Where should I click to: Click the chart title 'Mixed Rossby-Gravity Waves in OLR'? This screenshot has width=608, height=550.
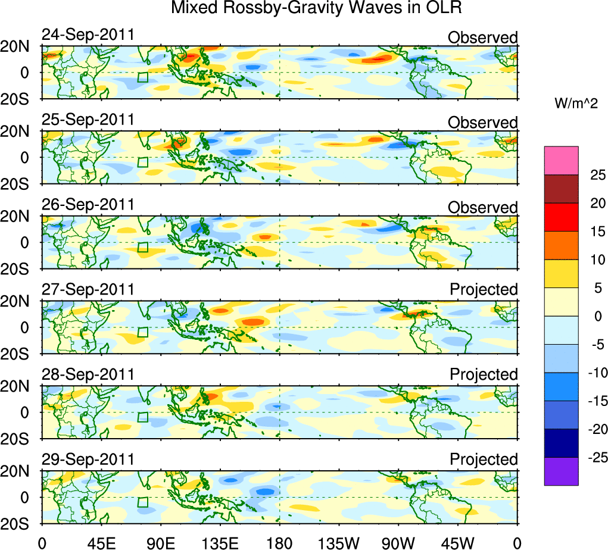tap(316, 9)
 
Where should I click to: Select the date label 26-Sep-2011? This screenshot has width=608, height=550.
tap(88, 205)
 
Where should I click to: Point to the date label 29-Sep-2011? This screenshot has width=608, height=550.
tap(88, 460)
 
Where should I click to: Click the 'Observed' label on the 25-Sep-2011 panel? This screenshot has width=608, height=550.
tap(483, 123)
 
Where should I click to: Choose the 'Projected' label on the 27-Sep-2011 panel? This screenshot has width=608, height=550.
tap(484, 290)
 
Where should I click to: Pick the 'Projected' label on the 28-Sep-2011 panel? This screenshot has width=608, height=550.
tap(484, 375)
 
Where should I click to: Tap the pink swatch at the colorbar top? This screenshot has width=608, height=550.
tap(561, 160)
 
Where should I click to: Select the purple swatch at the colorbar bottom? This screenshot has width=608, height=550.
tap(561, 471)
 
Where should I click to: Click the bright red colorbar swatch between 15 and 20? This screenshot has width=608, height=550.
tap(561, 217)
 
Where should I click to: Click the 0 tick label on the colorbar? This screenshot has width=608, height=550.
tap(593, 316)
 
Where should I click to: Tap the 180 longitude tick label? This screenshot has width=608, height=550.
tap(279, 542)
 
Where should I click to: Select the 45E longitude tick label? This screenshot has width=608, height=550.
tap(101, 542)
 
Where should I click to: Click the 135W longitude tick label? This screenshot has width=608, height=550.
tap(338, 542)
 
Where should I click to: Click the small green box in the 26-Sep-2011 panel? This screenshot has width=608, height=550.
tap(142, 247)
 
